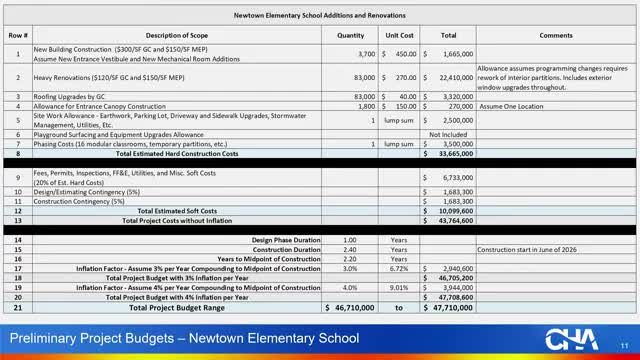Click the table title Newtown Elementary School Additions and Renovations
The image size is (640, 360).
[319, 16]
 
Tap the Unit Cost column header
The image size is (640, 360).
[401, 35]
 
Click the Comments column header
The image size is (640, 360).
[555, 35]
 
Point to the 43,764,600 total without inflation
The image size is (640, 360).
[454, 220]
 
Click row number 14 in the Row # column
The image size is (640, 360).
[16, 240]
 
